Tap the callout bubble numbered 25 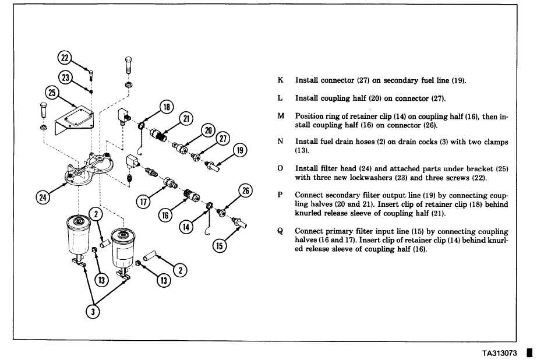52,94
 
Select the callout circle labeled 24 43,197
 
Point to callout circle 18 167,107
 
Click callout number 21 186,119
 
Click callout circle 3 91,312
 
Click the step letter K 280,80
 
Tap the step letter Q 280,231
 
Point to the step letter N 280,142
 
